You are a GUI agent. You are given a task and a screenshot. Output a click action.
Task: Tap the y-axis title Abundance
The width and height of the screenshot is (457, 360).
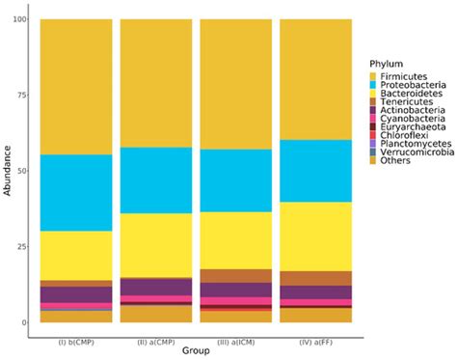click(x=10, y=171)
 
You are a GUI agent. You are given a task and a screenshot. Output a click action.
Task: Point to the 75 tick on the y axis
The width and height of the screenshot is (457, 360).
click(x=23, y=96)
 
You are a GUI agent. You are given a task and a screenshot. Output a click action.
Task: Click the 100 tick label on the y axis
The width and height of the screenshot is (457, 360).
click(x=21, y=20)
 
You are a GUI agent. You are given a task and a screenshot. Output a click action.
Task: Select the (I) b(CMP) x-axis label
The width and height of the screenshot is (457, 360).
click(x=76, y=339)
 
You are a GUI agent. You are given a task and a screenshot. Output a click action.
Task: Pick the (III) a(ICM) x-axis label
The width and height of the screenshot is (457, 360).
click(x=234, y=339)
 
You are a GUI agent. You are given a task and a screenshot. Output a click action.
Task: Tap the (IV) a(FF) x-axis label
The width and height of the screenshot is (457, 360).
click(x=314, y=339)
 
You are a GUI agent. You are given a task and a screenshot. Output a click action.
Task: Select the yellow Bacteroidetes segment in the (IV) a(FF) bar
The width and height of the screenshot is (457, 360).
click(x=314, y=236)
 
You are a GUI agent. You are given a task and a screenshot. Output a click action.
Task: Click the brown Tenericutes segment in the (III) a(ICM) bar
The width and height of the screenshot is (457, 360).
click(x=234, y=276)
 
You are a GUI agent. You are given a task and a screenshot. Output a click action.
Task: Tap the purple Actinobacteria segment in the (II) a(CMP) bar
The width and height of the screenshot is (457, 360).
click(x=155, y=287)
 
